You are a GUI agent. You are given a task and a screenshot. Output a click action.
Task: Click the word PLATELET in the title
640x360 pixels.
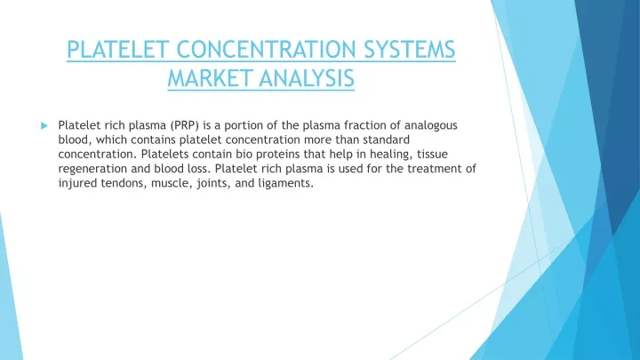click(x=118, y=50)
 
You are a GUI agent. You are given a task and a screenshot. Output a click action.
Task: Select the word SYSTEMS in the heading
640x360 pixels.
click(x=410, y=50)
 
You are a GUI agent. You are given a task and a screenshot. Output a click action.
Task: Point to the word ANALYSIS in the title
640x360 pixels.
click(x=307, y=78)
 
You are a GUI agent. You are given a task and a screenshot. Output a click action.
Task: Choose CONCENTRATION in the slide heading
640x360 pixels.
click(x=267, y=50)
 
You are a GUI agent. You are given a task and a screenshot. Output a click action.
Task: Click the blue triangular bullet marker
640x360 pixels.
click(x=44, y=125)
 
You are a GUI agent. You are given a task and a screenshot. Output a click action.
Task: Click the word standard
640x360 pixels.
click(x=386, y=140)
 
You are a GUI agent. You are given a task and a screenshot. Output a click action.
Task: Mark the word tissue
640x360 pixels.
click(x=432, y=155)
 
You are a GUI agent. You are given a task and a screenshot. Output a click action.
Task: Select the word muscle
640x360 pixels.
click(x=172, y=183)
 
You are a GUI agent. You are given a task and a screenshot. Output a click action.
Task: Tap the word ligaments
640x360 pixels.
click(x=285, y=184)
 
